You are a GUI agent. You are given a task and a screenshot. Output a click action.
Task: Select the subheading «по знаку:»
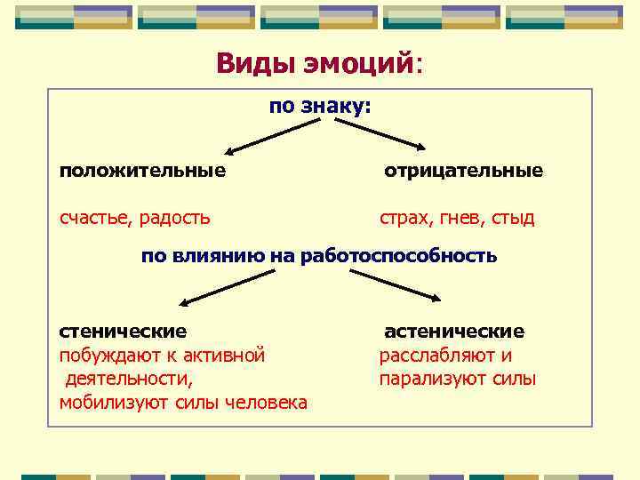tap(320, 107)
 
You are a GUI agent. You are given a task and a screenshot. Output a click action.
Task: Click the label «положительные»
tap(142, 170)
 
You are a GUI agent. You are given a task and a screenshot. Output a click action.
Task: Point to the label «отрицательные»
tap(463, 170)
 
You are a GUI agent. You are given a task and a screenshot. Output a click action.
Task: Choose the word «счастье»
tap(98, 217)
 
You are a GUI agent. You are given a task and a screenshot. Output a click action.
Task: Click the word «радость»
tap(177, 217)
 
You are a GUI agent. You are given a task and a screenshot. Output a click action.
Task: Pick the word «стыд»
tap(515, 217)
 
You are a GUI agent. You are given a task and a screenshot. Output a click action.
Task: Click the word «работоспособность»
tap(399, 256)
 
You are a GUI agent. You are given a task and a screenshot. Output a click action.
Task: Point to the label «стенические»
tap(123, 331)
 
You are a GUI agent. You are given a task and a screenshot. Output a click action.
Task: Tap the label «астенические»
tap(454, 331)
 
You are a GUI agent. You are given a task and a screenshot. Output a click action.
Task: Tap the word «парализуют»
tap(425, 380)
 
